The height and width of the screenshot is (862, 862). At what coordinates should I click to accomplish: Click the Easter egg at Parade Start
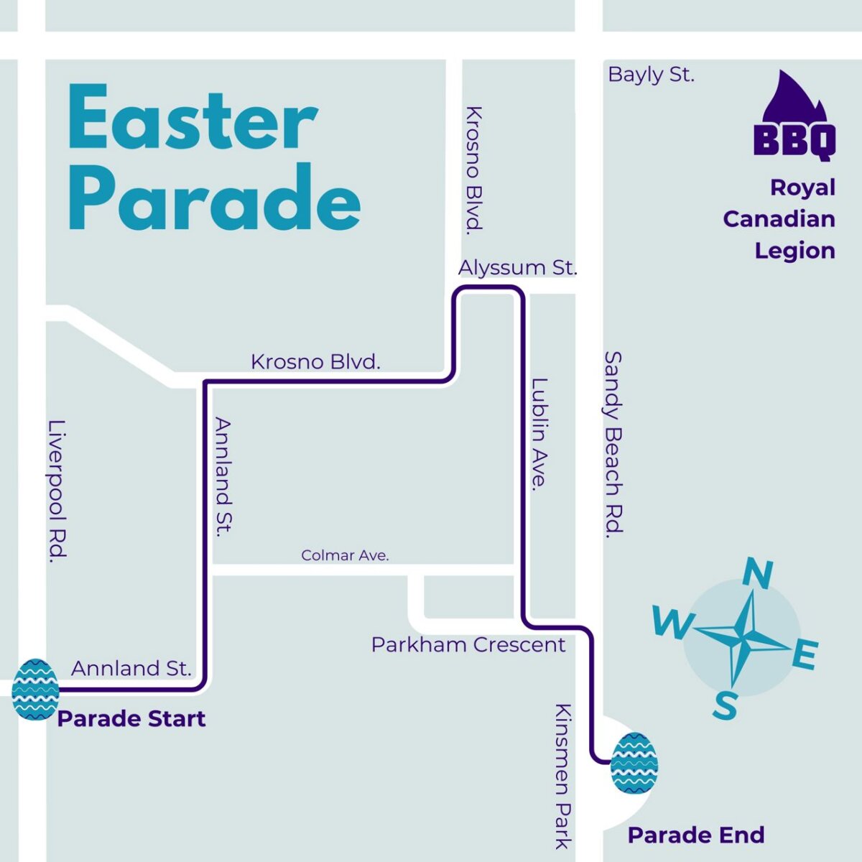[35, 690]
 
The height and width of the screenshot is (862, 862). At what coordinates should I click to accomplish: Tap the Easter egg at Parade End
[634, 764]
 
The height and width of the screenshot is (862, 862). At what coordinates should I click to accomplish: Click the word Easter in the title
[193, 119]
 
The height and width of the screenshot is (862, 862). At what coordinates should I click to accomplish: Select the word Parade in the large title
[214, 198]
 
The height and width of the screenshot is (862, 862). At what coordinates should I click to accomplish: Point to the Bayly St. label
[651, 75]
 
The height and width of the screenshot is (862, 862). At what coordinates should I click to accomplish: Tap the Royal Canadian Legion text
[779, 219]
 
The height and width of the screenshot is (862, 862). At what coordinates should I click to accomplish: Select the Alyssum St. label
[517, 268]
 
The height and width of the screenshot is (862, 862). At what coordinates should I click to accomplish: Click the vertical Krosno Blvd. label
[473, 169]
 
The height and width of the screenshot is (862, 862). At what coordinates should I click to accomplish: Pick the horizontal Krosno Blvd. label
[315, 361]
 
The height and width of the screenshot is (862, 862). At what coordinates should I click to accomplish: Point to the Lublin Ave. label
[539, 434]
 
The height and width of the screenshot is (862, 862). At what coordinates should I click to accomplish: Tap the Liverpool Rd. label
[57, 491]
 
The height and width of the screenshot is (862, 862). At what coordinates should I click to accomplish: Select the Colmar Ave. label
[345, 555]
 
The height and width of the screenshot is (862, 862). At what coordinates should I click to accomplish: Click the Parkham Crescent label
[468, 645]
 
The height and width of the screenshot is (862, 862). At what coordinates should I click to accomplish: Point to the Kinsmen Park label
[563, 776]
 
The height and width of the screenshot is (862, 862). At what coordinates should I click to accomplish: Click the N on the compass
[757, 574]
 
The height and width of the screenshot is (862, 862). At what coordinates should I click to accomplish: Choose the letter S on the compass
[726, 705]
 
